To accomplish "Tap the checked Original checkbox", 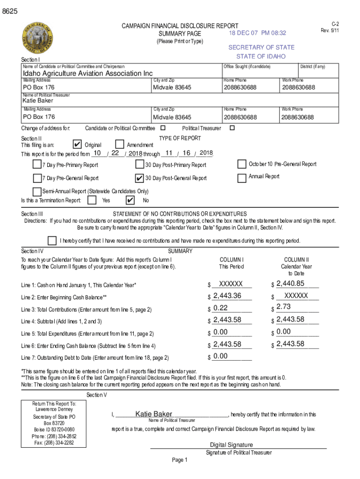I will click(78, 145).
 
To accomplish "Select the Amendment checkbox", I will click(120, 145).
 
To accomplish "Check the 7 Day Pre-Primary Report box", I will click(37, 164).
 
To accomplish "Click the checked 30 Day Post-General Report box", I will click(139, 178).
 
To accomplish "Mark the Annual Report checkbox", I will click(242, 178).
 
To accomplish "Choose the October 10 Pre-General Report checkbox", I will click(242, 164).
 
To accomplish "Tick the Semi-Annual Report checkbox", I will click(37, 191).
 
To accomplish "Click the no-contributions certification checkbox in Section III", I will click(52, 240).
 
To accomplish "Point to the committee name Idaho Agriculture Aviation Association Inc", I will click(88, 73).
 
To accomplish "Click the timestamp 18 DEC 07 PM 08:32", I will click(257, 33).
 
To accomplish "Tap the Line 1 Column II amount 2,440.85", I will click(290, 283).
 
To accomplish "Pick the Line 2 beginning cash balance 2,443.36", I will click(227, 296).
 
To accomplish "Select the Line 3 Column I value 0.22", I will click(220, 308).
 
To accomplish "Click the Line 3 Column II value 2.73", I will click(284, 306).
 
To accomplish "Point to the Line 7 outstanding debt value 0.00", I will click(220, 356).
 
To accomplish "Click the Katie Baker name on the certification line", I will click(154, 414).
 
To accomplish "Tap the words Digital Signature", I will click(231, 445).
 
